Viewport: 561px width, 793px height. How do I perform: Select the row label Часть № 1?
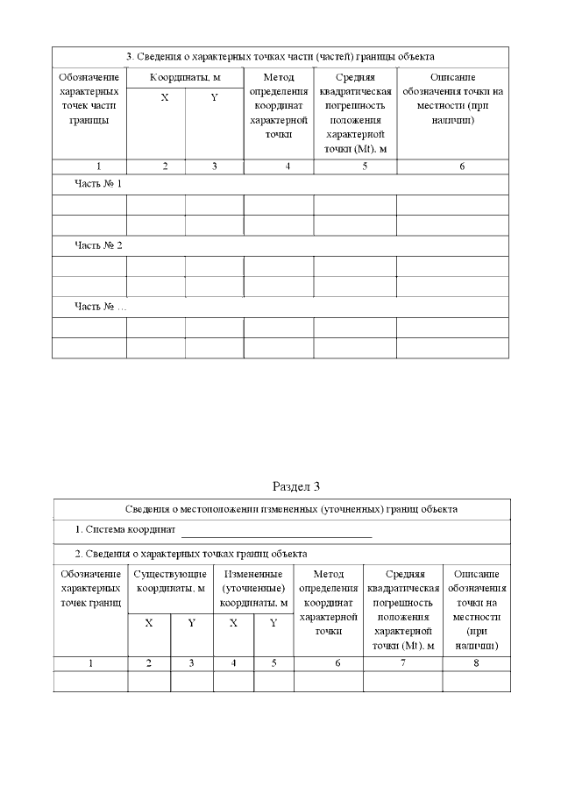point(98,184)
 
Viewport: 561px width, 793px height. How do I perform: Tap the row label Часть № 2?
point(98,245)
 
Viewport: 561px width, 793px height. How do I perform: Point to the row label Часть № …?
point(101,307)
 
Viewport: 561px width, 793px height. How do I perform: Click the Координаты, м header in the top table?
point(185,77)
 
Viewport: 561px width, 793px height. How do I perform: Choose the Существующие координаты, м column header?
point(170,581)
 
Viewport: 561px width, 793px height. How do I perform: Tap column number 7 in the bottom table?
point(403,663)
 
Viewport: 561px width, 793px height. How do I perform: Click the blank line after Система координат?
point(276,531)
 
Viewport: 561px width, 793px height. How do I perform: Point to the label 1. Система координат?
point(125,531)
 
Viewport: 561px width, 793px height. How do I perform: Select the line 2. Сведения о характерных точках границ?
point(190,554)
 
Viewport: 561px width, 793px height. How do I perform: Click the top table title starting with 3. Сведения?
point(280,57)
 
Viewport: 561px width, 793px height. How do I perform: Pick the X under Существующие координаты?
point(149,623)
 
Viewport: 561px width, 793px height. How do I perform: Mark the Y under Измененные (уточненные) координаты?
point(273,623)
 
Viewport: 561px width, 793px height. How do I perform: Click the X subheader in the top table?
point(164,97)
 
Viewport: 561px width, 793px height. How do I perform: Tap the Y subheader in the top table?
point(214,97)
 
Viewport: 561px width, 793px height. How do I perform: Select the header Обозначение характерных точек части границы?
point(89,99)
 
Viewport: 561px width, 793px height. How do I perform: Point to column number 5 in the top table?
point(355,166)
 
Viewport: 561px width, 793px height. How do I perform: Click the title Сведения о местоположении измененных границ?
point(281,508)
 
